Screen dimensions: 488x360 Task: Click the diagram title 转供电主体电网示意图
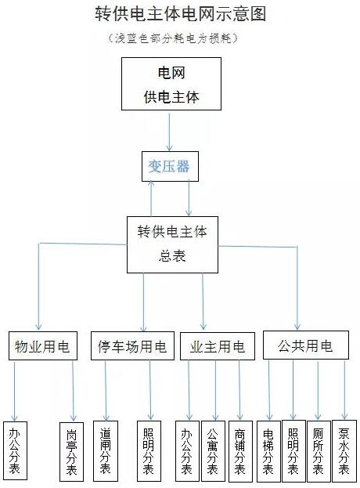(x=179, y=15)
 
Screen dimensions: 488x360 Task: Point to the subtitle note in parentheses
(x=179, y=37)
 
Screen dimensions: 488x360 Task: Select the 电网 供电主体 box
(x=169, y=85)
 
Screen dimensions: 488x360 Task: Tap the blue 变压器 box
(x=169, y=166)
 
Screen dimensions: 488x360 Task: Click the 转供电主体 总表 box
(x=172, y=244)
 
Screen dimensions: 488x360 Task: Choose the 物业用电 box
(x=42, y=347)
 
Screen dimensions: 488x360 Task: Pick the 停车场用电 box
(x=131, y=347)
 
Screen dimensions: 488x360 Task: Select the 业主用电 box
(x=217, y=347)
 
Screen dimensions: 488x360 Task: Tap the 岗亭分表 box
(x=72, y=450)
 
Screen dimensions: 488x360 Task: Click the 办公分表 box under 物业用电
(x=14, y=450)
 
